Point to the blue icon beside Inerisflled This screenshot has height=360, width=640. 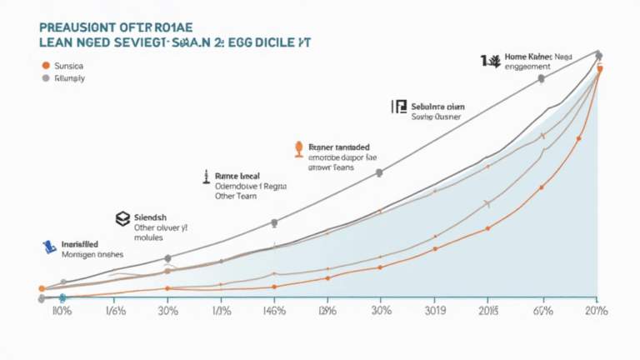click(49, 246)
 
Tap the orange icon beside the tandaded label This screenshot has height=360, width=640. click(297, 149)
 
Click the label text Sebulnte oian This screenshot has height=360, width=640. click(438, 107)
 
